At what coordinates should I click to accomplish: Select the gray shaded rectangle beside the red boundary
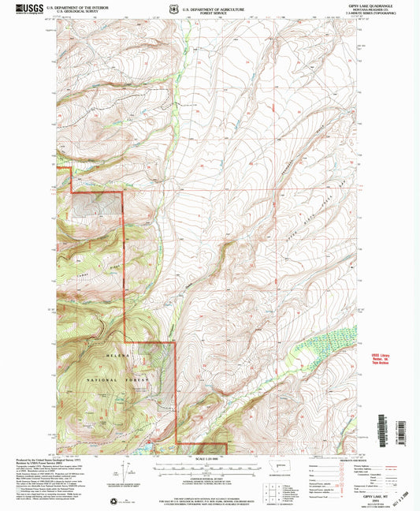click(x=97, y=204)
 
